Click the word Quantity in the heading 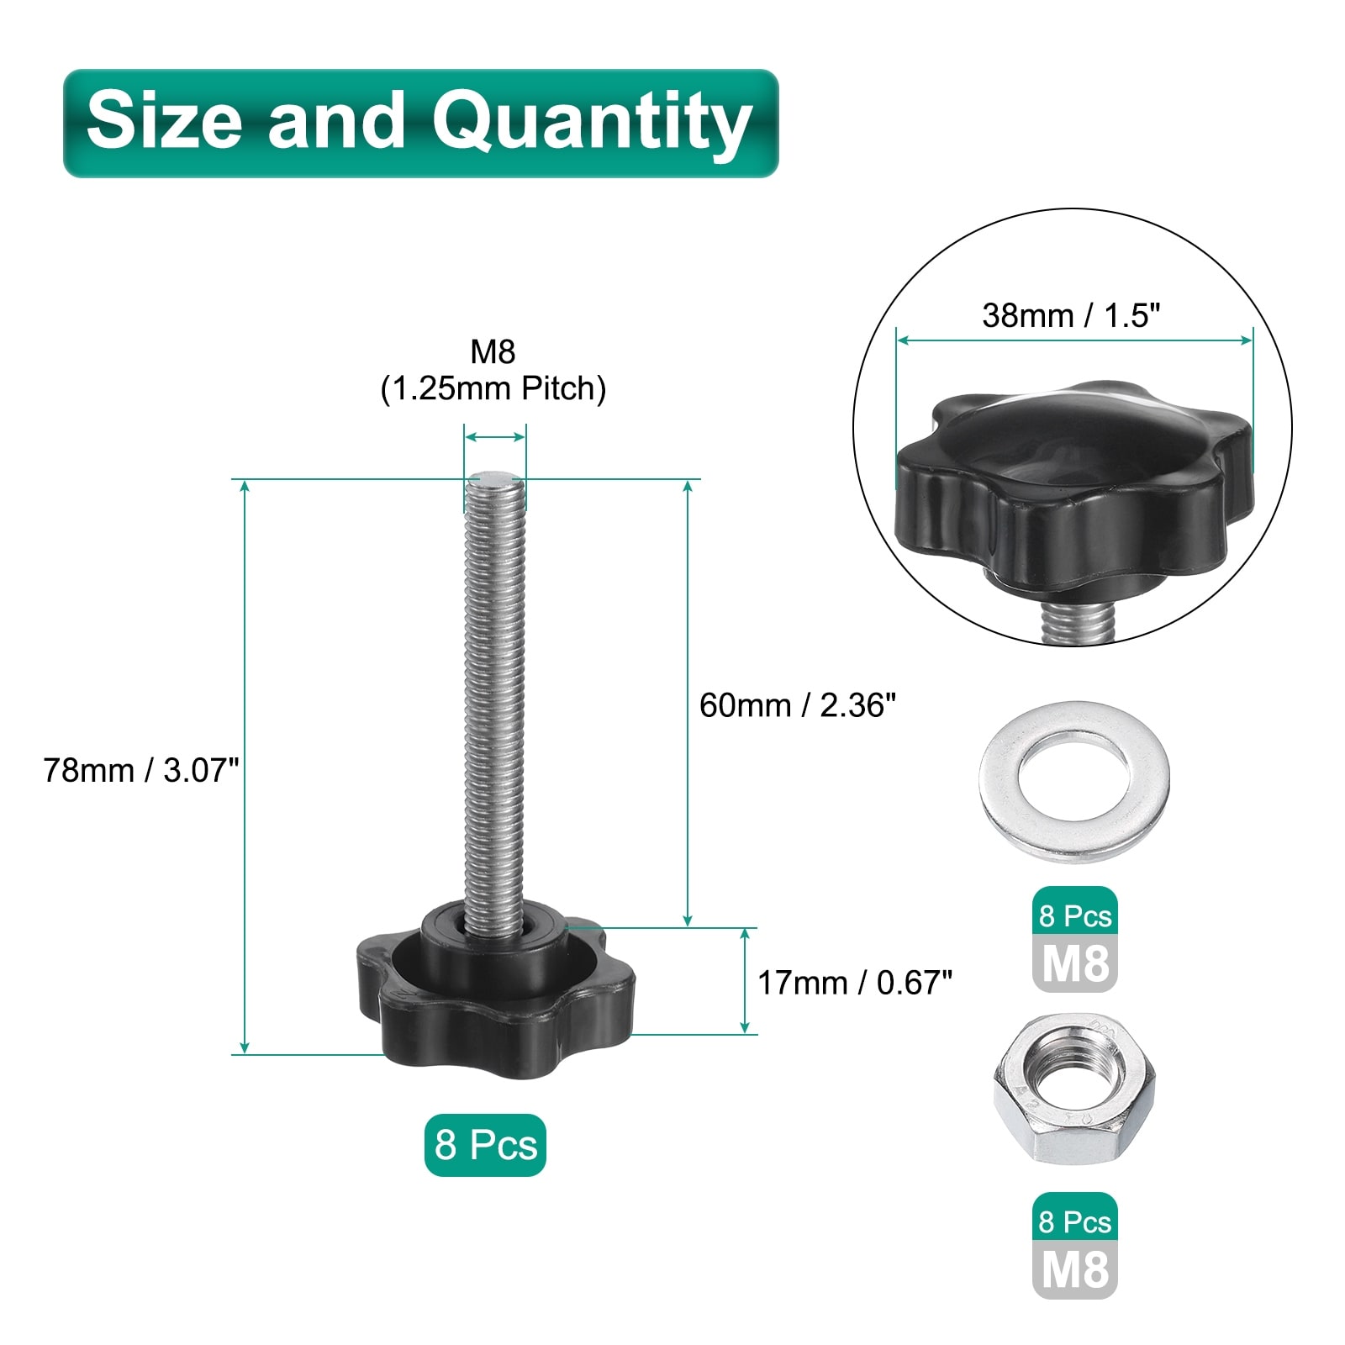592,123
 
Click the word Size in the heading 164,120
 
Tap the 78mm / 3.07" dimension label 141,769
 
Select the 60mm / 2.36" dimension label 798,704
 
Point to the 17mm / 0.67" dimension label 855,982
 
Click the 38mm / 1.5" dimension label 1071,315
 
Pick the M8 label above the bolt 493,351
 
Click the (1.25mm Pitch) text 493,388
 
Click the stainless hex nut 1074,1089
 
